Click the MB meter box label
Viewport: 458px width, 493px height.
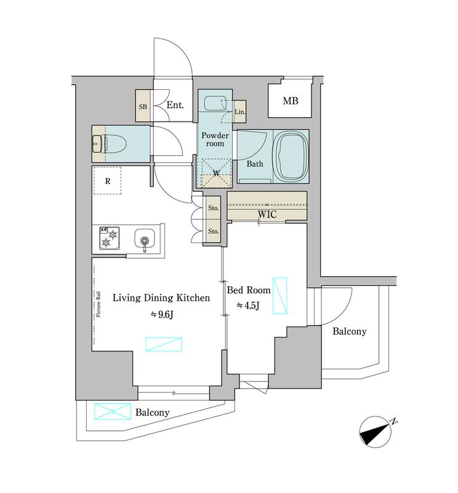[x=291, y=100]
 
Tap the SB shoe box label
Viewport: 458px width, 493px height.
[x=143, y=107]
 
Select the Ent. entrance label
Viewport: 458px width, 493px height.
[x=175, y=105]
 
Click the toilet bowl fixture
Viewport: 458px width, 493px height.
[x=115, y=144]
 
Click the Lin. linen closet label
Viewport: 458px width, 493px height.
[x=239, y=112]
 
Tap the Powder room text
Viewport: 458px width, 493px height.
[x=215, y=139]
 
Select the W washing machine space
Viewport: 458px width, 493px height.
[x=216, y=173]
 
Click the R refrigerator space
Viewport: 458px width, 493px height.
[x=108, y=181]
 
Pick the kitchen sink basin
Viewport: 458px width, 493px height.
[x=145, y=238]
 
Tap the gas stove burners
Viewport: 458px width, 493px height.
[x=110, y=238]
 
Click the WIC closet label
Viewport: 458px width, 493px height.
[x=267, y=214]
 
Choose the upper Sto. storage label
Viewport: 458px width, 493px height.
[x=213, y=208]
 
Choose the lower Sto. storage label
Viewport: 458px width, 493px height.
[x=213, y=231]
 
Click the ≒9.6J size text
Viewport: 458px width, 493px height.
[x=161, y=314]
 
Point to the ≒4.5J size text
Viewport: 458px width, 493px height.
[x=248, y=305]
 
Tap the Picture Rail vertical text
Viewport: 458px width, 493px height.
[x=98, y=304]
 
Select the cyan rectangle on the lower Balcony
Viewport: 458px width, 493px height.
[x=113, y=411]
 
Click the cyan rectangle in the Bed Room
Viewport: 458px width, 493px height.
[x=280, y=296]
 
